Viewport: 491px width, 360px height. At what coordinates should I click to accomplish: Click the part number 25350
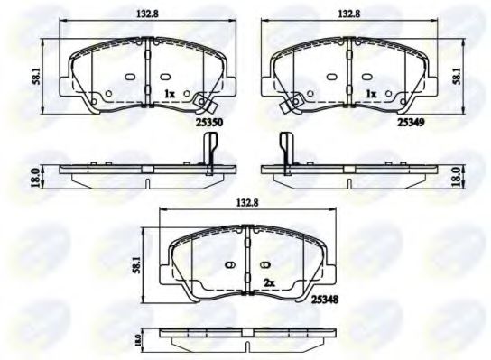click(208, 117)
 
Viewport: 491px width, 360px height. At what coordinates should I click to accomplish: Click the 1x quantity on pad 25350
click(169, 93)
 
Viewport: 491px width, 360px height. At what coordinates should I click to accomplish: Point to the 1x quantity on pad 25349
click(369, 93)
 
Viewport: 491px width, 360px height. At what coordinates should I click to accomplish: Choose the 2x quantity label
click(268, 282)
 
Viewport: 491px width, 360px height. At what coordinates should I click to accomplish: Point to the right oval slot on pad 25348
click(265, 264)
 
